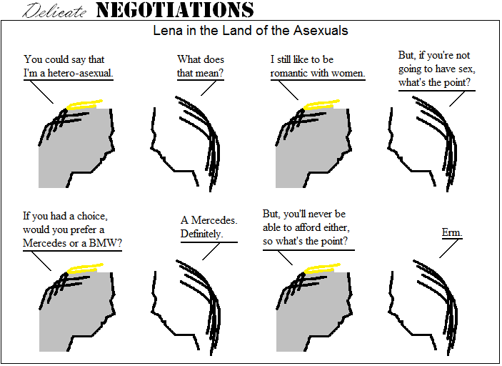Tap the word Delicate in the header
pos(56,11)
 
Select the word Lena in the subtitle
pos(166,31)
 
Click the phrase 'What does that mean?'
pos(201,66)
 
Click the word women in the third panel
pos(348,73)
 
